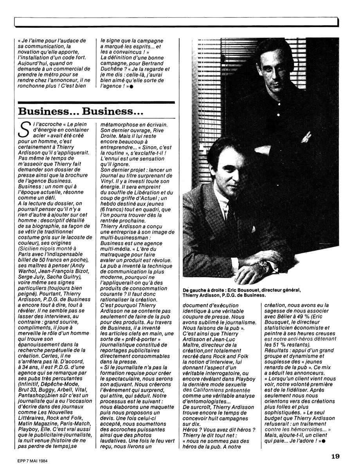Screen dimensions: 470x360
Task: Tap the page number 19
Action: pos(335,456)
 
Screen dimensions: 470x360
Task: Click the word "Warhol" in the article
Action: pos(27,273)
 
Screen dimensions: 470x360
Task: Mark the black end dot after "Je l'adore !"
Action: pos(324,441)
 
